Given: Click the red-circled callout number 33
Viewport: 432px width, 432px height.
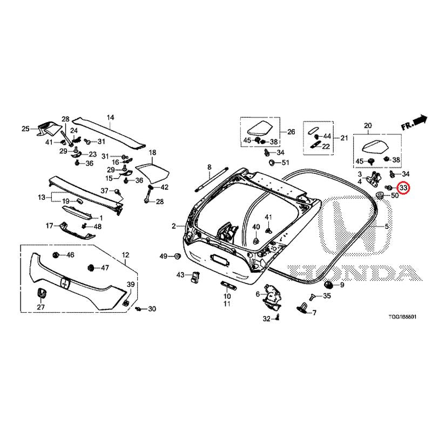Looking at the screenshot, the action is click(403, 188).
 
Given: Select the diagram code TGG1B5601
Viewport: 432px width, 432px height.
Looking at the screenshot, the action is click(402, 317).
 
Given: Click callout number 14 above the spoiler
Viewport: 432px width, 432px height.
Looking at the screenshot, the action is click(110, 118).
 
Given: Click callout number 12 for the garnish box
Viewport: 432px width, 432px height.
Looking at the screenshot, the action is click(126, 255).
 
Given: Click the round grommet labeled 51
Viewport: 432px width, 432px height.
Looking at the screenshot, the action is click(272, 163).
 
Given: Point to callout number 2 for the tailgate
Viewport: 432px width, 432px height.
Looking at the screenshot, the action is click(173, 226).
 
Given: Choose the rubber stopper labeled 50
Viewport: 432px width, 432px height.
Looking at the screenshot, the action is click(381, 195).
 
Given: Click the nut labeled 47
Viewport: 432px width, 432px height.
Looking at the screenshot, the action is click(90, 267).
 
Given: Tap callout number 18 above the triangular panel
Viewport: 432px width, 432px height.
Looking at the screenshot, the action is click(152, 152).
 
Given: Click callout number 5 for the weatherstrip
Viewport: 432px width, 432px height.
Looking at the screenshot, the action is click(387, 226).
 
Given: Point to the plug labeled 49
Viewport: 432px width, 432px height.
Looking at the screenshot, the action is click(177, 256).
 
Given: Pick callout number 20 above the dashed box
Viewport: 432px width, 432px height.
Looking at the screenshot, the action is click(368, 126).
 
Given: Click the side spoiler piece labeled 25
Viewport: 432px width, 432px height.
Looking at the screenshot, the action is click(48, 128).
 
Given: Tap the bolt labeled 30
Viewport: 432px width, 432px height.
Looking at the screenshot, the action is click(138, 309).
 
